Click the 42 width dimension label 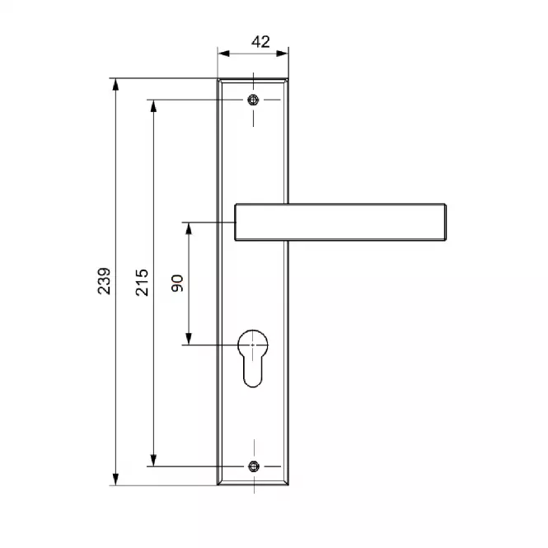tap(260, 42)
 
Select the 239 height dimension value tap(104, 281)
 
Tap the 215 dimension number tap(142, 283)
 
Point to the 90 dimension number tap(177, 283)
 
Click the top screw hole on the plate tap(253, 100)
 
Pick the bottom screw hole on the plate tap(254, 466)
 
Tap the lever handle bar tap(340, 222)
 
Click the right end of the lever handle tap(446, 222)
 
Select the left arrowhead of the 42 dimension tap(223, 54)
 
